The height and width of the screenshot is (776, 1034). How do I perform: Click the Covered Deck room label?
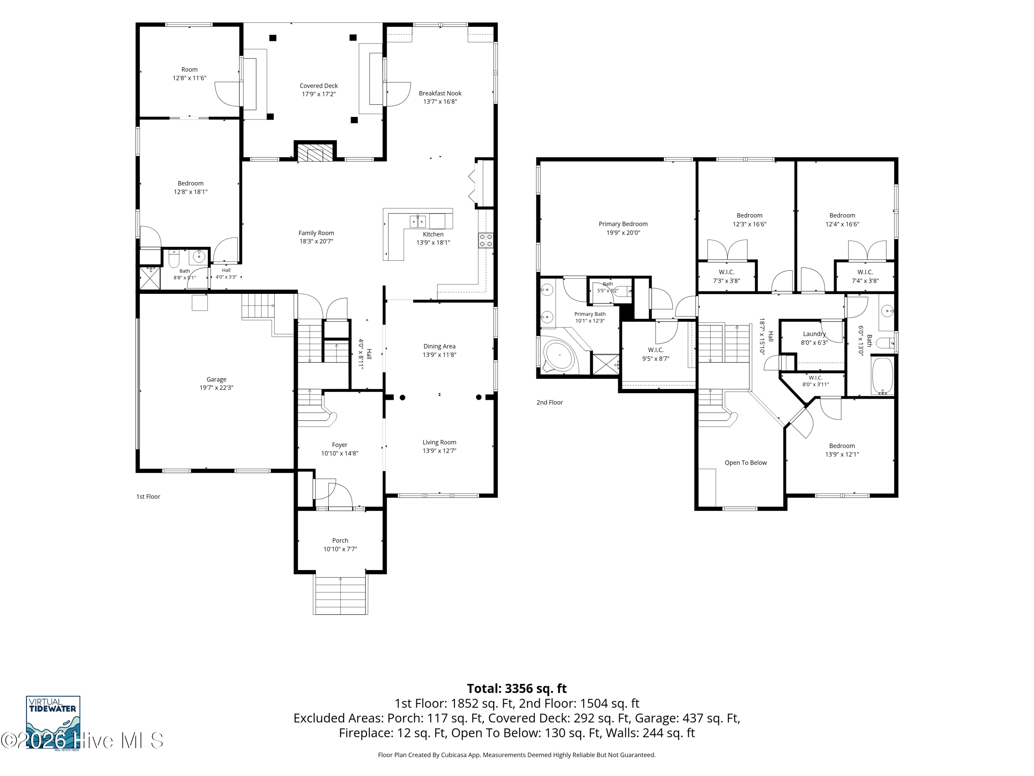(x=318, y=86)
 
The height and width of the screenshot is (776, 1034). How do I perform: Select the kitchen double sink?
(x=418, y=220)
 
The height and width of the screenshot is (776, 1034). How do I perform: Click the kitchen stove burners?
(x=486, y=240)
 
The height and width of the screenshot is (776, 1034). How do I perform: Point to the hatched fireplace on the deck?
(x=315, y=152)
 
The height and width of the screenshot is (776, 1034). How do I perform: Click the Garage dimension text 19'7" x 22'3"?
(x=216, y=388)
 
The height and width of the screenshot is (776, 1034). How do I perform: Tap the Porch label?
(x=340, y=540)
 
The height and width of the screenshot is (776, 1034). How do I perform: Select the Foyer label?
(x=340, y=445)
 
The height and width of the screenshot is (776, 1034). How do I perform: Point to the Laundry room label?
(x=814, y=334)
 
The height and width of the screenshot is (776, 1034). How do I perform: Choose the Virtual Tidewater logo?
(x=53, y=723)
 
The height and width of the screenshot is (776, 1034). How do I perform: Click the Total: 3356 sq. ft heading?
(x=517, y=688)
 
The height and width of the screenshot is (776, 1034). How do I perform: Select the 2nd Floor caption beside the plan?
(x=550, y=402)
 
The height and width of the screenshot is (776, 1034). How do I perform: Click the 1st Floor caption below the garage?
(x=148, y=496)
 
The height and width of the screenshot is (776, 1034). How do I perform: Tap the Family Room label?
(x=316, y=233)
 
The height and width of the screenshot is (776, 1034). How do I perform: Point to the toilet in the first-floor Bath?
(x=174, y=259)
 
